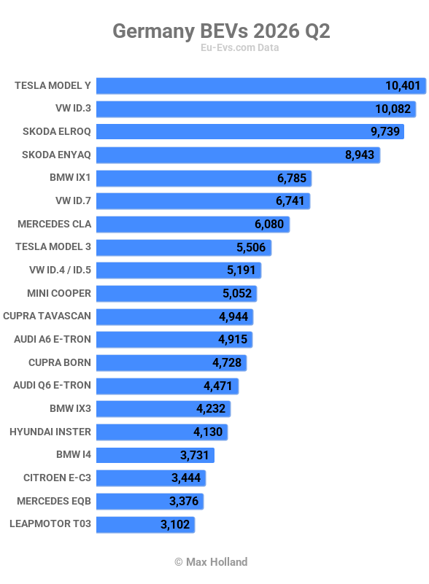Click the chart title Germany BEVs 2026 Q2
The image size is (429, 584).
click(221, 31)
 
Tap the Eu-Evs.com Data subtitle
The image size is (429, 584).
click(239, 47)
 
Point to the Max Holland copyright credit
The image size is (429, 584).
click(211, 561)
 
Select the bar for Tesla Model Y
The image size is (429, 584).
click(261, 85)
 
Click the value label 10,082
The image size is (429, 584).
click(393, 109)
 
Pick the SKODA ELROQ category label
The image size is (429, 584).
click(57, 131)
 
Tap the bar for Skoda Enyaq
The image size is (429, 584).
click(238, 155)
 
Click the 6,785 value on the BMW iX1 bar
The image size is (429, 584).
click(291, 178)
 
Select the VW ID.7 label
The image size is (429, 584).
click(73, 200)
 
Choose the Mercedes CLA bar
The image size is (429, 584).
click(193, 225)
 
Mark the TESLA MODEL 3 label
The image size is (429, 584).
click(53, 246)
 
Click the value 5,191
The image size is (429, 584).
click(241, 270)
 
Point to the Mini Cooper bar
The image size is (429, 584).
click(177, 294)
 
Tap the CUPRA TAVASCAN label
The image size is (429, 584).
click(47, 316)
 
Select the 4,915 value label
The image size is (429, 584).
click(233, 339)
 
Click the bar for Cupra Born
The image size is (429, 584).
click(171, 363)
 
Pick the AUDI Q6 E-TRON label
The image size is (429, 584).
click(53, 385)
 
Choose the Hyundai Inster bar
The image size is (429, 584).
click(162, 432)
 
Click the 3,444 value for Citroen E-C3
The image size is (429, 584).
click(186, 478)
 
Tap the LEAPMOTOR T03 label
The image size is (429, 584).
click(50, 523)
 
